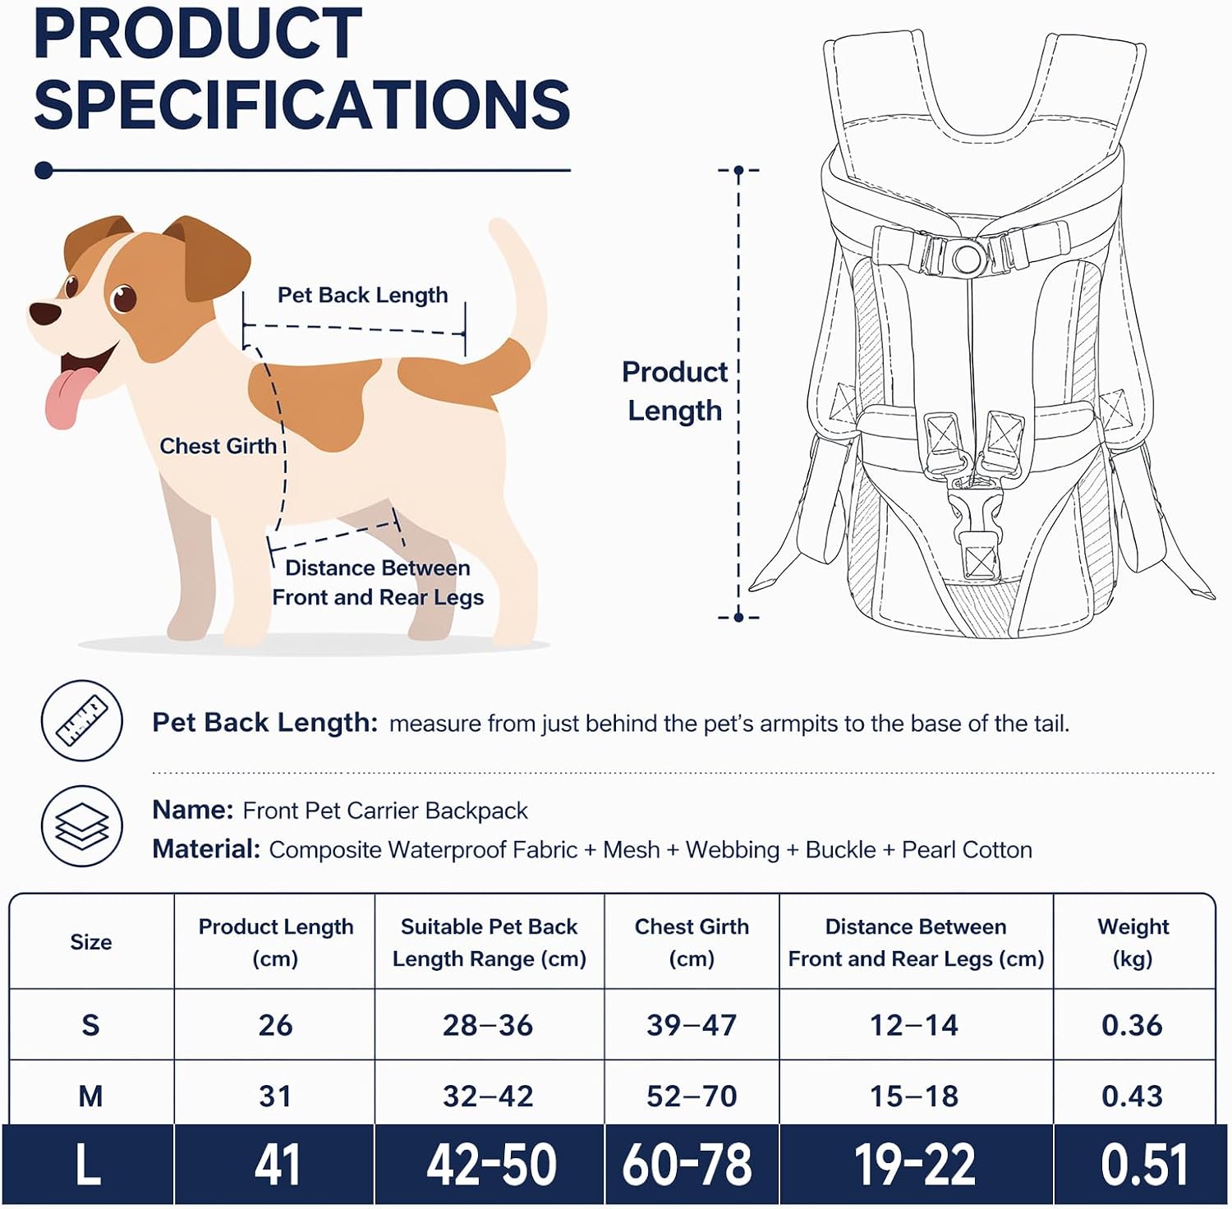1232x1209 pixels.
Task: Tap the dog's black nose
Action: [x=45, y=313]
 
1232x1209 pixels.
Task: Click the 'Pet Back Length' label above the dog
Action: [x=362, y=295]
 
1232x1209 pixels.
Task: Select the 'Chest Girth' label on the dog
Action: [x=218, y=446]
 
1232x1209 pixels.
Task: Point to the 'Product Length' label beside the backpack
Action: [x=674, y=391]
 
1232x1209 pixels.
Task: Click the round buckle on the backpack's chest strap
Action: [x=967, y=257]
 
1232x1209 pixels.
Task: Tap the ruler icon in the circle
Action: [x=82, y=720]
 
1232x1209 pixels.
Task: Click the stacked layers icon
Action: [x=82, y=826]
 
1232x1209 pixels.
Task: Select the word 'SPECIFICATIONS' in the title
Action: [x=302, y=104]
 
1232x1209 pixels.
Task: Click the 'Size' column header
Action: [x=91, y=942]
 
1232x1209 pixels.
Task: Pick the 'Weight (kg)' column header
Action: [x=1133, y=942]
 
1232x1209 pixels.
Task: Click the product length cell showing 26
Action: [x=275, y=1025]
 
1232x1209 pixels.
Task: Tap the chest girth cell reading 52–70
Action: [x=692, y=1096]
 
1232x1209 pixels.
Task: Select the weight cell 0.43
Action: [x=1132, y=1096]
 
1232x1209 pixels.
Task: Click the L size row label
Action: [x=88, y=1165]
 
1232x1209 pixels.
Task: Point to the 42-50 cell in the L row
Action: [x=491, y=1165]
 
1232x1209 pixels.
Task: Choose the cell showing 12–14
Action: [x=914, y=1025]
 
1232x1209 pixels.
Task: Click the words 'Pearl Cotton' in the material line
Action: [x=967, y=850]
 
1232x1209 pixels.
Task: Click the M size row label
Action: [x=90, y=1096]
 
